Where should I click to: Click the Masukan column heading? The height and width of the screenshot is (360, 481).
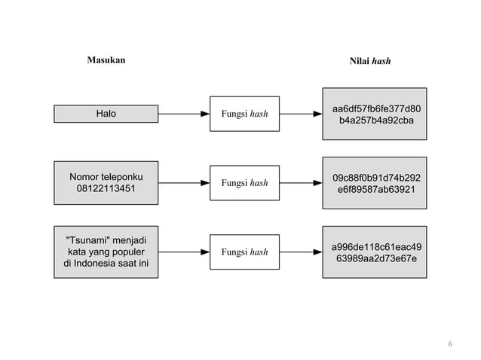point(106,59)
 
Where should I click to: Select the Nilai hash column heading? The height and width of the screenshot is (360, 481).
point(369,61)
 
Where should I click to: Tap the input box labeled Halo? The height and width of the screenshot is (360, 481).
point(106,114)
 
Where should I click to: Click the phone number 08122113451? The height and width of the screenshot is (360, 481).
point(106,188)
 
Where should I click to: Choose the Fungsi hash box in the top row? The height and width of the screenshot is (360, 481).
point(244,114)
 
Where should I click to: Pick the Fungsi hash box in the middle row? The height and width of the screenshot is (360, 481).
point(244,183)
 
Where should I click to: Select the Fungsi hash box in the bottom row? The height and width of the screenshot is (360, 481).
point(244,252)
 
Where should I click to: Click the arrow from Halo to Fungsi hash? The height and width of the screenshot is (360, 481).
point(184,114)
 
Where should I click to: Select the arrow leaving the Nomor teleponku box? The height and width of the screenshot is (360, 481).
point(184,183)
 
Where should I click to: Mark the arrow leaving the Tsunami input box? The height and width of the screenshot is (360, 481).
point(184,252)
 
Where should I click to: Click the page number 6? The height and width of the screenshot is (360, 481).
point(450,344)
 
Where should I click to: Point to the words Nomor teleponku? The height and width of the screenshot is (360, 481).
point(106,177)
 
